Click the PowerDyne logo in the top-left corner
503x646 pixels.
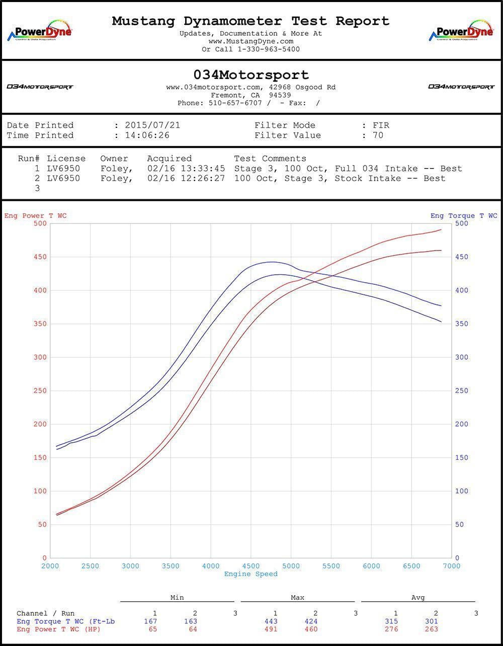tap(39, 31)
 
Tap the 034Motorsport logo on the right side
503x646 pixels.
tap(461, 87)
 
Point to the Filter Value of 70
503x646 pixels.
tap(378, 135)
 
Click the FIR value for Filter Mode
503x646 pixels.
tap(381, 125)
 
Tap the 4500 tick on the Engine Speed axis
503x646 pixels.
tap(251, 566)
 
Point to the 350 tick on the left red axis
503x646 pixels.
tap(39, 324)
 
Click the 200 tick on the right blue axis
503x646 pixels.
tap(462, 424)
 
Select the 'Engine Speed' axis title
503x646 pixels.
tap(250, 574)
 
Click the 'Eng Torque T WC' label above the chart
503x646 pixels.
tap(463, 216)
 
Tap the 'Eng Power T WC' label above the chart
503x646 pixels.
tap(35, 216)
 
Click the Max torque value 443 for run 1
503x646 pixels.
tap(275, 621)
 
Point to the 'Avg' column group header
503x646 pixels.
tap(418, 598)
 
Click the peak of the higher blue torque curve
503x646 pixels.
tap(272, 262)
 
